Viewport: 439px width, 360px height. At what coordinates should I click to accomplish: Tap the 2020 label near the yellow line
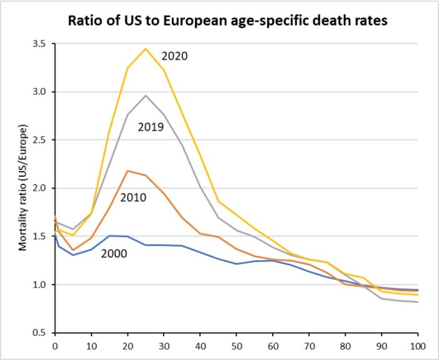pyautogui.click(x=175, y=55)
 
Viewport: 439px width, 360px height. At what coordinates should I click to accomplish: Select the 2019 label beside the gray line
pyautogui.click(x=151, y=127)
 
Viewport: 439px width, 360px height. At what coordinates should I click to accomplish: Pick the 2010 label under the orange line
pyautogui.click(x=133, y=198)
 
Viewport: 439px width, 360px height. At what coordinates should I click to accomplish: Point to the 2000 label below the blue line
pyautogui.click(x=114, y=254)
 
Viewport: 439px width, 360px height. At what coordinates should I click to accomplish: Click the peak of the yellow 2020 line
pyautogui.click(x=145, y=48)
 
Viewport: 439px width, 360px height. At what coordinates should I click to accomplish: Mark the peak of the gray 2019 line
pyautogui.click(x=145, y=95)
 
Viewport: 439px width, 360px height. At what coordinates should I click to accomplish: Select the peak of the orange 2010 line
pyautogui.click(x=127, y=171)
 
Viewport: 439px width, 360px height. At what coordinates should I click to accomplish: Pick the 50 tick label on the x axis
pyautogui.click(x=236, y=345)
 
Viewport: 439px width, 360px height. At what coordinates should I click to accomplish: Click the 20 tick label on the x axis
pyautogui.click(x=127, y=345)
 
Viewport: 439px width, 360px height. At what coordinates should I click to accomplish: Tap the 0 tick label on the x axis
pyautogui.click(x=55, y=345)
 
